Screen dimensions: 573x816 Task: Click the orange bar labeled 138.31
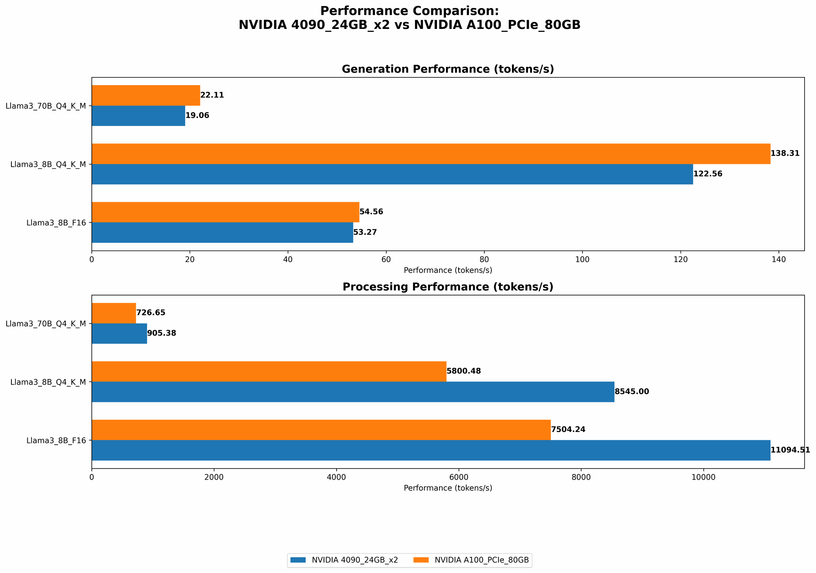(431, 154)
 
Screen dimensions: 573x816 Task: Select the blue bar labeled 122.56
(392, 174)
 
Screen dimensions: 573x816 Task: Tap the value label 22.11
(212, 95)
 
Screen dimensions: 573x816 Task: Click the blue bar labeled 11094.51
(431, 450)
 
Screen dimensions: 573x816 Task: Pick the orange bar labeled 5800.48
(269, 371)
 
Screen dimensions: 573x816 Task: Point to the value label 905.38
(162, 333)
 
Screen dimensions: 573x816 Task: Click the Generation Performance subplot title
(448, 69)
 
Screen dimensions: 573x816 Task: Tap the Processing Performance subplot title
(448, 287)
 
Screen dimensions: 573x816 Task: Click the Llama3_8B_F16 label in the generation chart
(56, 223)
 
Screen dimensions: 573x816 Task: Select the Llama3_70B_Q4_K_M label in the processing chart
(46, 324)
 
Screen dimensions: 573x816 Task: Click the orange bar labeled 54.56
(225, 212)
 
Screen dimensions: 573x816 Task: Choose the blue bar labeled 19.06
(138, 116)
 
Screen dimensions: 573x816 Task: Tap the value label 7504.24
(568, 430)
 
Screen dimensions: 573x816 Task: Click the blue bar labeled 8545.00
(353, 392)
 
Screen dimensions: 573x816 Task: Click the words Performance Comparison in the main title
(409, 11)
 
